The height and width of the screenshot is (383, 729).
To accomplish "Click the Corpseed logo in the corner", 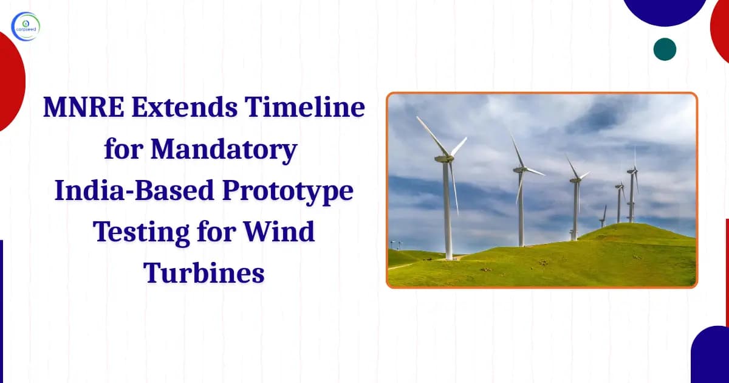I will pyautogui.click(x=25, y=27).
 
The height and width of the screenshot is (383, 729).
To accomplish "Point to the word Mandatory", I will pyautogui.click(x=225, y=150).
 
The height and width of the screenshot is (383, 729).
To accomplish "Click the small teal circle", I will pyautogui.click(x=665, y=49).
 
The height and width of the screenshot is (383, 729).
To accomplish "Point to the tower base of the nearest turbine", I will pyautogui.click(x=448, y=255).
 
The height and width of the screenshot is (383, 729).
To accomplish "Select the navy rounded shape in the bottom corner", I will pyautogui.click(x=711, y=356).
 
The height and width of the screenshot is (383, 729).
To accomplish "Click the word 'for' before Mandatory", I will pyautogui.click(x=123, y=150).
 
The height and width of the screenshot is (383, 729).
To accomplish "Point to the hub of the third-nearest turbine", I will pyautogui.click(x=575, y=180).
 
